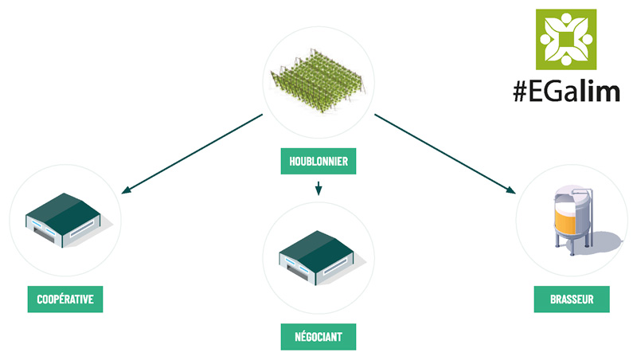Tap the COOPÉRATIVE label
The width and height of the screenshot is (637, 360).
point(65,299)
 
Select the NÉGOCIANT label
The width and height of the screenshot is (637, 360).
point(318,337)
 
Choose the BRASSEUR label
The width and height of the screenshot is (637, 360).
point(571,300)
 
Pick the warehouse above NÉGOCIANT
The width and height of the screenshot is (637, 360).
point(317,254)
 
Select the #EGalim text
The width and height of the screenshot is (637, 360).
point(566,92)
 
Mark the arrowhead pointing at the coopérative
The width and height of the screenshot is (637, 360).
point(125,192)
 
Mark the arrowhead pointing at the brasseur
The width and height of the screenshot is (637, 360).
point(510,191)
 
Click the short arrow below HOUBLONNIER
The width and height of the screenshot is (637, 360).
point(318,189)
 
